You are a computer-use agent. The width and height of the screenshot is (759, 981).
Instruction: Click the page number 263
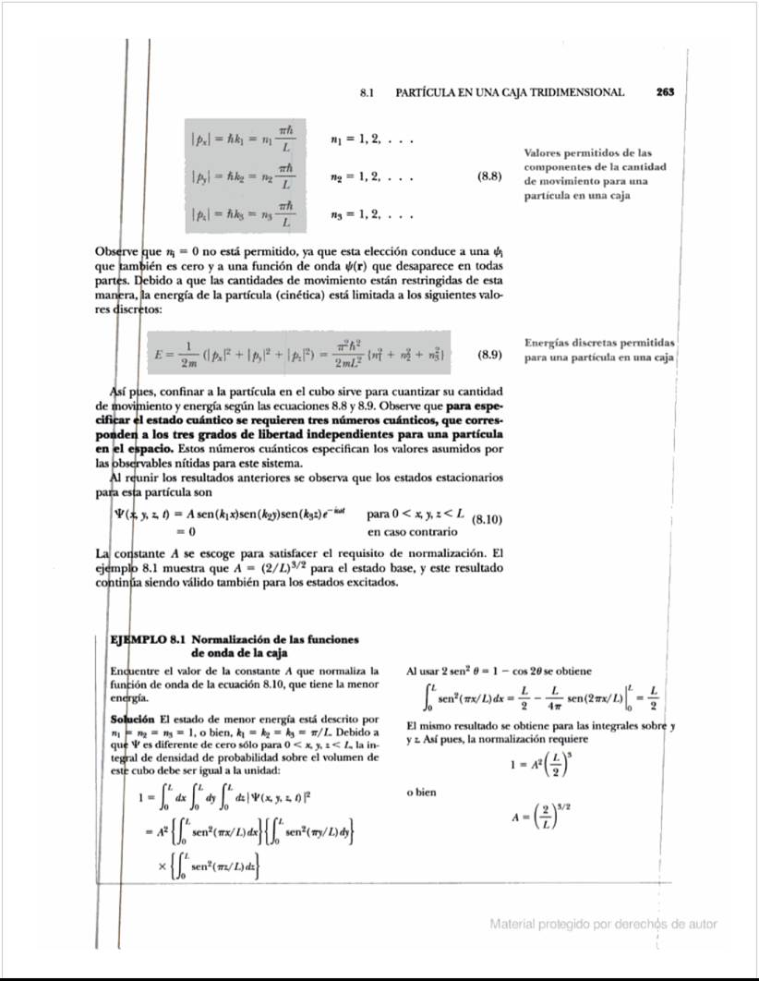[666, 92]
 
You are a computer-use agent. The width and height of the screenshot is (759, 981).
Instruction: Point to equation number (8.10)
[487, 520]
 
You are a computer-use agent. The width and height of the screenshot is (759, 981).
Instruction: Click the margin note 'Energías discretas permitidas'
[599, 342]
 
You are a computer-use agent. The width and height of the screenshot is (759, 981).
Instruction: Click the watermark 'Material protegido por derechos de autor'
[603, 924]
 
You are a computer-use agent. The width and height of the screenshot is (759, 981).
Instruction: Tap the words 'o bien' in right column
[421, 792]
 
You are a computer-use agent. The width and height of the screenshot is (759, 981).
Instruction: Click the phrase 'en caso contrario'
[412, 532]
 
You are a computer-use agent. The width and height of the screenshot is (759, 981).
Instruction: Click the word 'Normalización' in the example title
[235, 639]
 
